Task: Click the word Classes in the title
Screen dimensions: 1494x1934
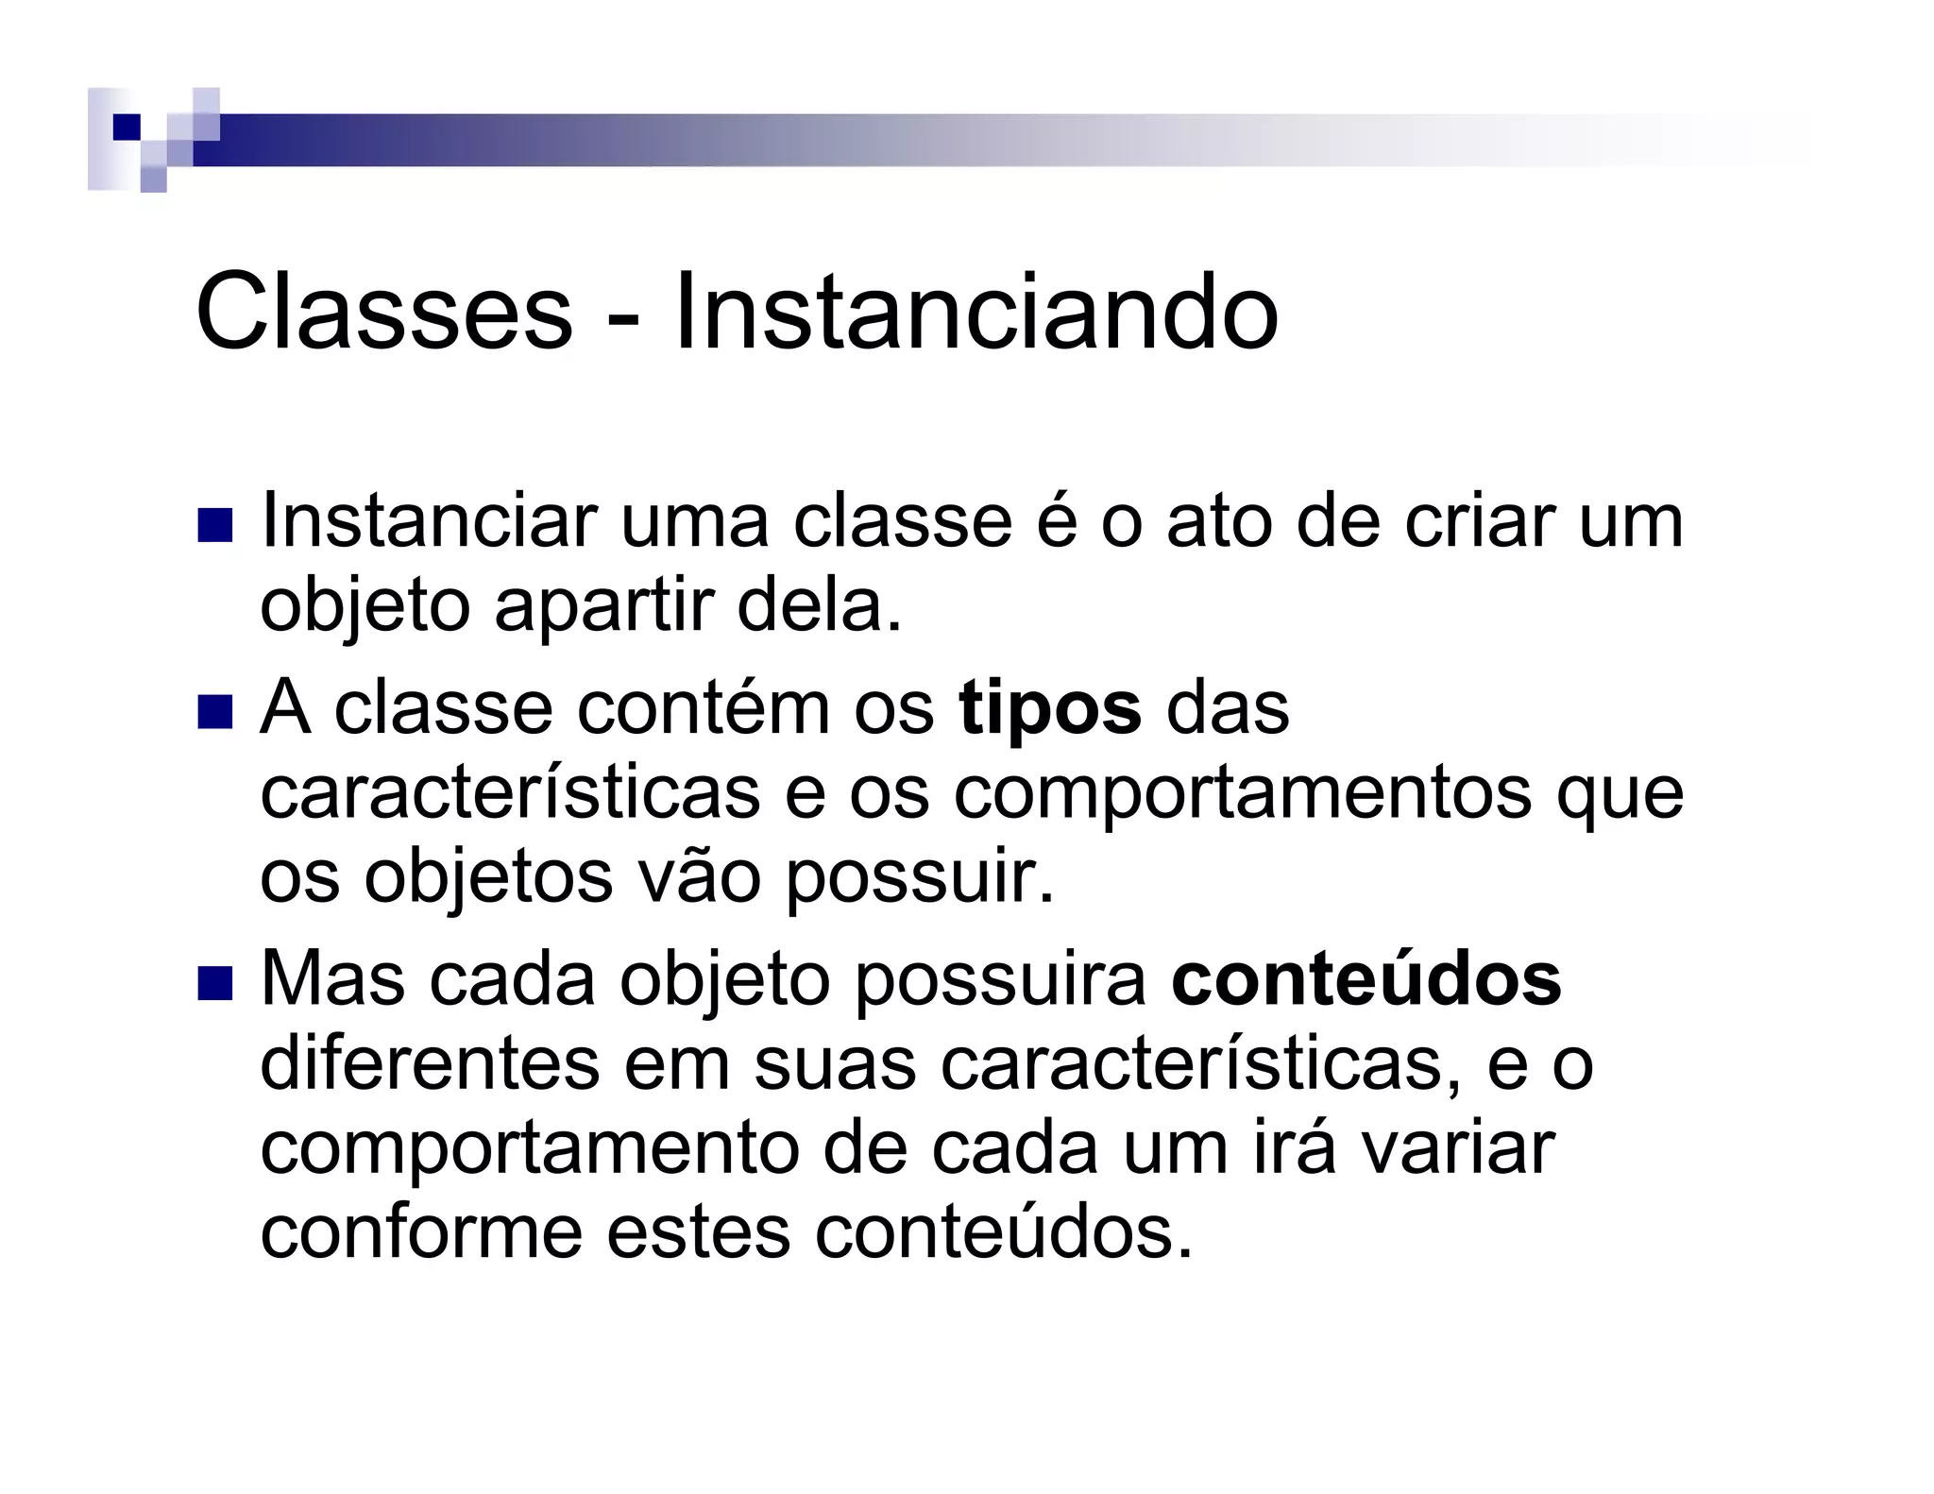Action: point(383,311)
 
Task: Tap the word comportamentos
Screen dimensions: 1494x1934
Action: point(1242,793)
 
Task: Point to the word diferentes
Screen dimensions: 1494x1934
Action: point(429,1063)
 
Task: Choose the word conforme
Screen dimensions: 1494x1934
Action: point(421,1232)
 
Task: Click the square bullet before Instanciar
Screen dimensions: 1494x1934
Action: point(214,526)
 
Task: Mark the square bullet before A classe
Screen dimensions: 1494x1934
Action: point(214,712)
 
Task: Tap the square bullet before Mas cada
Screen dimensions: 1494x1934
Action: point(214,983)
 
